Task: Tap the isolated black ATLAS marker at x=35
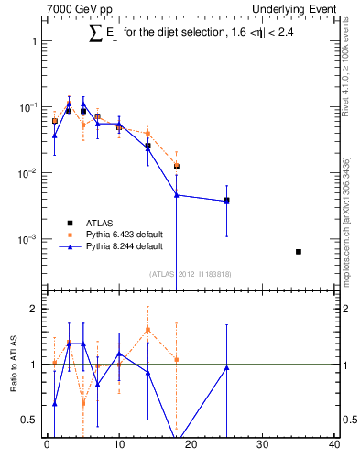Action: [299, 251]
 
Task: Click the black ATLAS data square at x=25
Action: [226, 200]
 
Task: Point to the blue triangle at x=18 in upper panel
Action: [176, 194]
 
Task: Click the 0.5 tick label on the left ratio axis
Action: [28, 420]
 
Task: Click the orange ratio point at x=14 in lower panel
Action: [147, 329]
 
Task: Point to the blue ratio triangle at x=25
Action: [226, 367]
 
